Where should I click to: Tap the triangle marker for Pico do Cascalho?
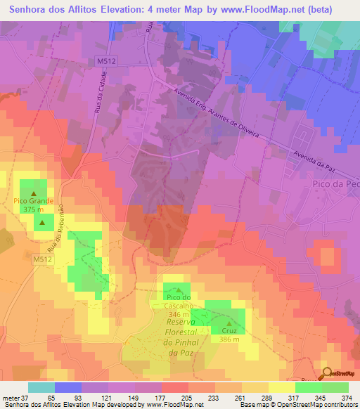click(x=179, y=289)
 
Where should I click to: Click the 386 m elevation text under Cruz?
click(x=229, y=339)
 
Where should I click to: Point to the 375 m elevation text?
click(x=32, y=209)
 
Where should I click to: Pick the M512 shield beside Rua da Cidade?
click(x=106, y=62)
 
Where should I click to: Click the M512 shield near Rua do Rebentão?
click(x=42, y=260)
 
